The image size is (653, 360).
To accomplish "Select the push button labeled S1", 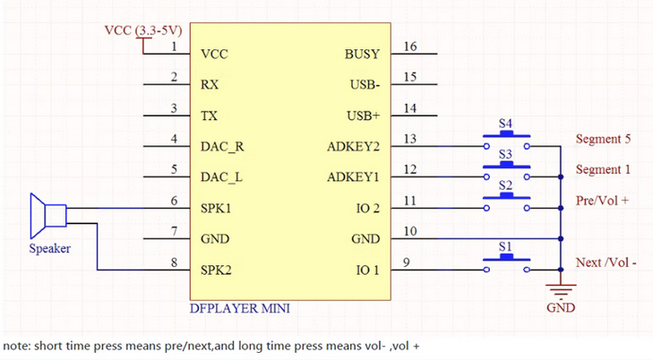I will click(506, 260).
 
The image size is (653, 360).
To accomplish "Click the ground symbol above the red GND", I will click(561, 290).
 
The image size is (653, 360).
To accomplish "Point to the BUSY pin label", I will click(362, 54).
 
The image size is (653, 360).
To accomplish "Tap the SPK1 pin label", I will click(217, 208).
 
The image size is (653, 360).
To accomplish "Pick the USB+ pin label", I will click(363, 116).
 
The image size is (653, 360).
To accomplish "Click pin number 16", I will click(410, 47).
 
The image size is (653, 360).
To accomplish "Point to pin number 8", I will click(173, 261).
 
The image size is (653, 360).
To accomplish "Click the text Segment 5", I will click(603, 140).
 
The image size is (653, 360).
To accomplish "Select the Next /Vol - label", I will click(606, 263).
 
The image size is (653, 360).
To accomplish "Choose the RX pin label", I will click(211, 85).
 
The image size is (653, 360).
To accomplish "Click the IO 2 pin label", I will click(368, 208).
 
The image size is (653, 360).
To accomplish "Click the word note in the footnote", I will click(15, 345).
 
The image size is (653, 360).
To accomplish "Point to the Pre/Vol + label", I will click(601, 201).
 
